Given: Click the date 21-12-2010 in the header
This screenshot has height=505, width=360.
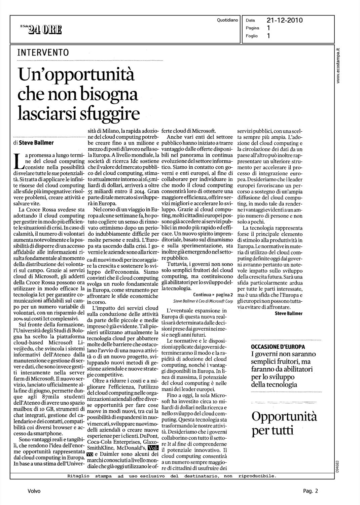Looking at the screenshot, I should pyautogui.click(x=284, y=21).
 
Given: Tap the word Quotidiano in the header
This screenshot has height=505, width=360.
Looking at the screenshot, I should pyautogui.click(x=228, y=20).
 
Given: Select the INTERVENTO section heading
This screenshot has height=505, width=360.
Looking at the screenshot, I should pyautogui.click(x=43, y=53).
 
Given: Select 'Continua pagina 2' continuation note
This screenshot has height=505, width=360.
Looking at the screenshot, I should pyautogui.click(x=213, y=295).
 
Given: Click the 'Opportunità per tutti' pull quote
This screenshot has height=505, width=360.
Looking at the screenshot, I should pyautogui.click(x=284, y=423).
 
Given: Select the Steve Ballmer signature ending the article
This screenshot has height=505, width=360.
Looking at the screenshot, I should pyautogui.click(x=288, y=313).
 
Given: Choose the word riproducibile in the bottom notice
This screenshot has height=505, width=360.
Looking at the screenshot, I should pyautogui.click(x=257, y=476).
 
